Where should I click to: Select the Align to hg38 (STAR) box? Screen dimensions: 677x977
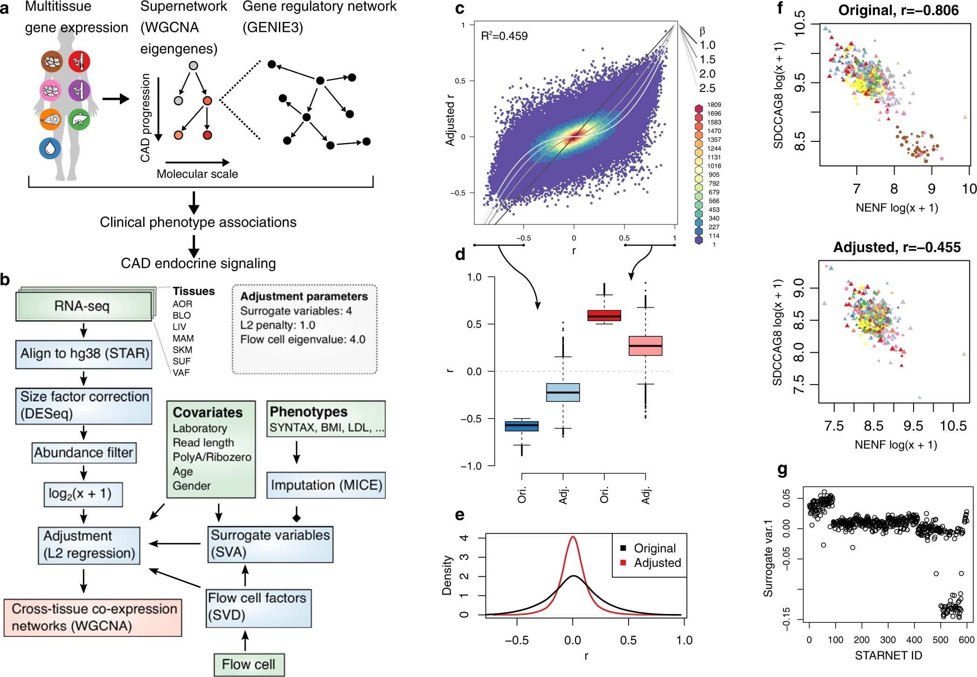(x=84, y=354)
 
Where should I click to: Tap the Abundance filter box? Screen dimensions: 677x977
(x=84, y=453)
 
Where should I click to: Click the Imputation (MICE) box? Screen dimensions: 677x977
(x=326, y=485)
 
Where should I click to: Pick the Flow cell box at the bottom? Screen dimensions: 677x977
(x=249, y=664)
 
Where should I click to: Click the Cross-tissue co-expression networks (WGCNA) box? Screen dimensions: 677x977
(x=93, y=617)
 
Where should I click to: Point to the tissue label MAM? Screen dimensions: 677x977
(x=183, y=338)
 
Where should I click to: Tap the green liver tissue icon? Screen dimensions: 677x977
(x=79, y=120)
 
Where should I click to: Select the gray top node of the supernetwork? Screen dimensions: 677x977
(x=193, y=66)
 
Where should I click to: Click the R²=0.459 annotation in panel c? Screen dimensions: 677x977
(x=504, y=36)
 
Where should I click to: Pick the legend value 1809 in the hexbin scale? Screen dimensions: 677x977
(x=714, y=105)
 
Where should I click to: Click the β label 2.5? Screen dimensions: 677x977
(x=707, y=88)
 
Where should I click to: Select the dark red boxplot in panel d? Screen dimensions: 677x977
(x=604, y=316)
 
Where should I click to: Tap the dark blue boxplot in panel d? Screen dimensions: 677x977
(x=522, y=426)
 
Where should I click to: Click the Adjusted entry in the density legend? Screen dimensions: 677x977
(x=657, y=563)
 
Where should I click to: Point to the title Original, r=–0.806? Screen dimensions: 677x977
(x=898, y=10)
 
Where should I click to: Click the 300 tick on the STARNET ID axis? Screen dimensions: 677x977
(x=887, y=640)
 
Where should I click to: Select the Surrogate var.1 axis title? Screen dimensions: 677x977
(x=768, y=558)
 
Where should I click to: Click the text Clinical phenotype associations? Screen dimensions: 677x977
(x=198, y=222)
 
